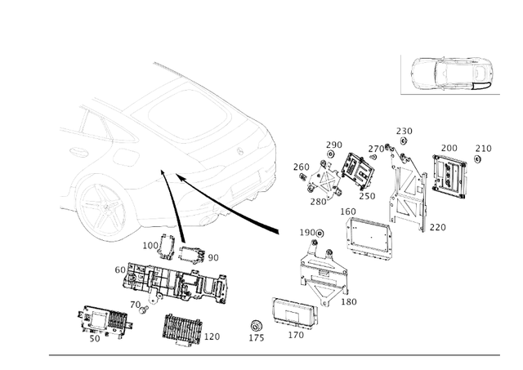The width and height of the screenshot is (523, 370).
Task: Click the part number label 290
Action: [x=334, y=145]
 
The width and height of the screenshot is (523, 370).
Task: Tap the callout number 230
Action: [x=405, y=131]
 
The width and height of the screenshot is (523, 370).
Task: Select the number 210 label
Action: [x=484, y=149]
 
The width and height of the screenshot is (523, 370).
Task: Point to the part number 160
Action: [x=348, y=212]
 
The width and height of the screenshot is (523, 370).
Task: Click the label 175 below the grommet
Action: [x=256, y=337]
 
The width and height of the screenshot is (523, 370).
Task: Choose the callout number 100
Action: [x=150, y=245]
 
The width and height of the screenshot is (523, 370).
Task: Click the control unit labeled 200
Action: [x=449, y=176]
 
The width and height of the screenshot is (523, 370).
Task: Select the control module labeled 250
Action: [x=357, y=172]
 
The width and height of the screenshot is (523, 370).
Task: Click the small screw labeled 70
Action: [x=142, y=311]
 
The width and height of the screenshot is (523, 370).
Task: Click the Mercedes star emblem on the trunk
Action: [x=240, y=151]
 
